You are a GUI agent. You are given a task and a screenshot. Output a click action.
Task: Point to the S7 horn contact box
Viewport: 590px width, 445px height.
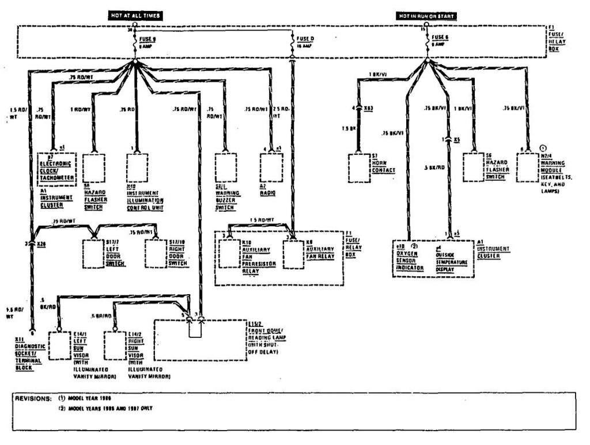[359, 168]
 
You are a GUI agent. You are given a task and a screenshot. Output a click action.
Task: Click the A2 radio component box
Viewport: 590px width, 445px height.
[268, 168]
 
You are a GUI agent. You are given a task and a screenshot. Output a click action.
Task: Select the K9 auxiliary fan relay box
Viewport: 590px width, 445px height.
[292, 254]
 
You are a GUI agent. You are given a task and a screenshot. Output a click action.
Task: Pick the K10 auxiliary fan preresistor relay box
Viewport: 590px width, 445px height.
[229, 254]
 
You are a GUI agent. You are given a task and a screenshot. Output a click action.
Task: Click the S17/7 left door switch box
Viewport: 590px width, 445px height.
[93, 253]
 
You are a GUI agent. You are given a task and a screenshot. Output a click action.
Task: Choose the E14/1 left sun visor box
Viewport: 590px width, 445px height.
[59, 345]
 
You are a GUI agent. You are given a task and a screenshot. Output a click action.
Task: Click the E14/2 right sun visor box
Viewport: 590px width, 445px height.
[115, 345]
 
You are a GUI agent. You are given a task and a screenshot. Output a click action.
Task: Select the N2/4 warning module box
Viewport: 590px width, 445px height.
[527, 168]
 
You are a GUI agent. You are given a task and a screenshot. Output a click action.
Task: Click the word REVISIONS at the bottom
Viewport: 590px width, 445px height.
[33, 398]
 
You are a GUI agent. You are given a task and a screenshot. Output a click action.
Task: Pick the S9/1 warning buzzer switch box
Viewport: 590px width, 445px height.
[224, 168]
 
